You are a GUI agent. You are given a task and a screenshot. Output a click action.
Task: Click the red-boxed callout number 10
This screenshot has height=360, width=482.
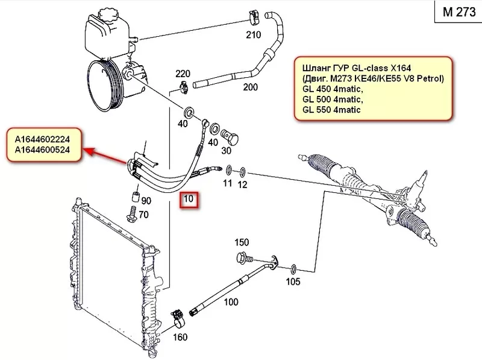click(x=190, y=200)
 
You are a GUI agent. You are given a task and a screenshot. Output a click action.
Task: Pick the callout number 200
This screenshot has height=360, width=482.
click(x=250, y=87)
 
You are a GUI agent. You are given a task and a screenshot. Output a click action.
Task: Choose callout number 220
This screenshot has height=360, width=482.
click(x=183, y=74)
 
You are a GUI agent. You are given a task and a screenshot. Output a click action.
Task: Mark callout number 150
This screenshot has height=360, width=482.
click(x=242, y=243)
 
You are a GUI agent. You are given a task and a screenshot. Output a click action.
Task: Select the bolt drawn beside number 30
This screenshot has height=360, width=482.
click(x=230, y=134)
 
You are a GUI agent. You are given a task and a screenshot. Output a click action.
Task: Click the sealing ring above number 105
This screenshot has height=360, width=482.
click(x=293, y=267)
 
